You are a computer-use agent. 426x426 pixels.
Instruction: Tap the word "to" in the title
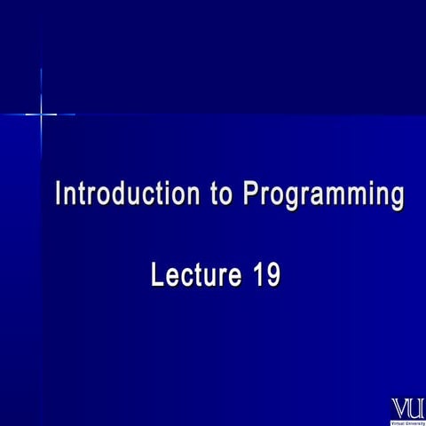click(222, 193)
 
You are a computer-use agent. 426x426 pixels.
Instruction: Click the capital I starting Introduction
click(59, 193)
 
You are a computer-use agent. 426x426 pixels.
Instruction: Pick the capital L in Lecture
click(158, 275)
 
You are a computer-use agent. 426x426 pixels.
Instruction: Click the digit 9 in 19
click(273, 275)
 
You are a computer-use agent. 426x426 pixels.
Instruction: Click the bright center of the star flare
click(41, 114)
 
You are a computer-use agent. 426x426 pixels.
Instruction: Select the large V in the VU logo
click(400, 407)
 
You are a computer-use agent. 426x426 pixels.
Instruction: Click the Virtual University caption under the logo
click(408, 422)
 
